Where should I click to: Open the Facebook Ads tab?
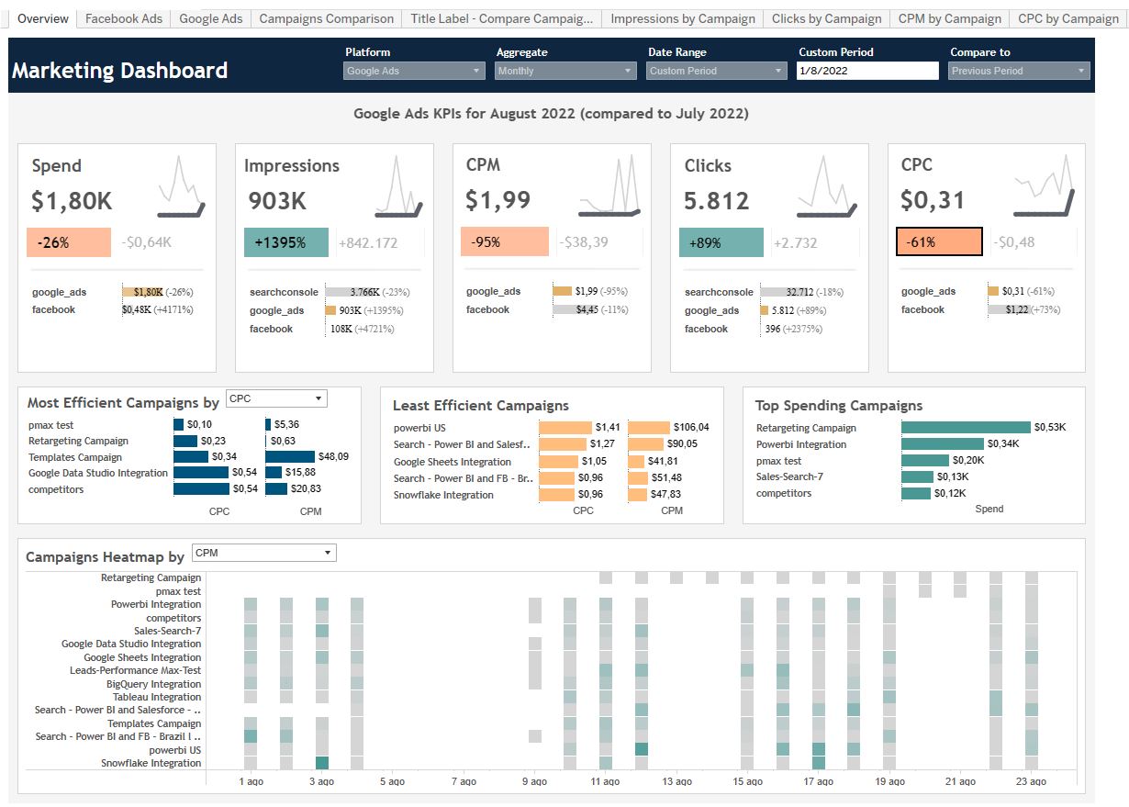[124, 18]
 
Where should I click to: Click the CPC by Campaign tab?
[1068, 18]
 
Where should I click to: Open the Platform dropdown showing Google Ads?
[414, 71]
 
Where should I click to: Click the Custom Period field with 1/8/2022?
[867, 71]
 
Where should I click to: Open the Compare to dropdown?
[1018, 71]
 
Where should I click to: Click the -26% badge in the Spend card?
[69, 242]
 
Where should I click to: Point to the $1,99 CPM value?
[497, 200]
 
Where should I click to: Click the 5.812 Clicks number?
[717, 200]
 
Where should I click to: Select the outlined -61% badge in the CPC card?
[939, 241]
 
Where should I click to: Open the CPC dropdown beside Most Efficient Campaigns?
[276, 398]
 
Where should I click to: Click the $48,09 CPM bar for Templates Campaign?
[290, 457]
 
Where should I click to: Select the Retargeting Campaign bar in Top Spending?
[966, 428]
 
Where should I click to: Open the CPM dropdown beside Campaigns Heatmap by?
[263, 553]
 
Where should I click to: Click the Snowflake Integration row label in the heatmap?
[151, 763]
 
